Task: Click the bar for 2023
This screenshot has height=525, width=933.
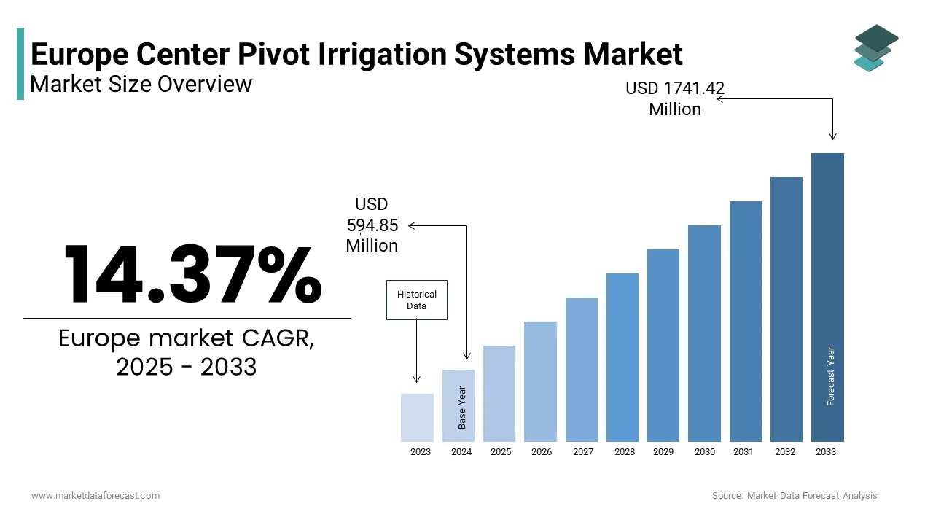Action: tap(417, 417)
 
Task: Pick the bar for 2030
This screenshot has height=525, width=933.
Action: tap(704, 333)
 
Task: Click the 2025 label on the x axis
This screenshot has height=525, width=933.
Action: tap(501, 452)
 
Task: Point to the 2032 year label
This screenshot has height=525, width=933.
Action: tap(785, 452)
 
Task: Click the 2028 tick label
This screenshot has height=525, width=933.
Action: tap(624, 452)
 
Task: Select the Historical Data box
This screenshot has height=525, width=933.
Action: tap(416, 300)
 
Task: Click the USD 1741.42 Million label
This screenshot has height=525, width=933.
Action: tap(675, 99)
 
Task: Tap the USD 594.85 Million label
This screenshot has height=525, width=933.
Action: tap(372, 225)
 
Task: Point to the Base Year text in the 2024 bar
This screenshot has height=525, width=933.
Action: tap(462, 407)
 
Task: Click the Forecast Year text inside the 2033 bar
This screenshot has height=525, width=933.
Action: tap(831, 376)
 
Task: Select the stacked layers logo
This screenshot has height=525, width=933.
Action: tap(875, 48)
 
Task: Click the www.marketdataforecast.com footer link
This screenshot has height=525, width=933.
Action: tap(95, 496)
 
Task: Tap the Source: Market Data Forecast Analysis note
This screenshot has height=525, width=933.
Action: tap(795, 496)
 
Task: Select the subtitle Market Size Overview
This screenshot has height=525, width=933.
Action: tap(141, 85)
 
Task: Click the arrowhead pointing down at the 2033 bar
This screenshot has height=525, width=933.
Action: tap(833, 136)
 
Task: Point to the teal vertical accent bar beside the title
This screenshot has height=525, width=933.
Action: tap(20, 63)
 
